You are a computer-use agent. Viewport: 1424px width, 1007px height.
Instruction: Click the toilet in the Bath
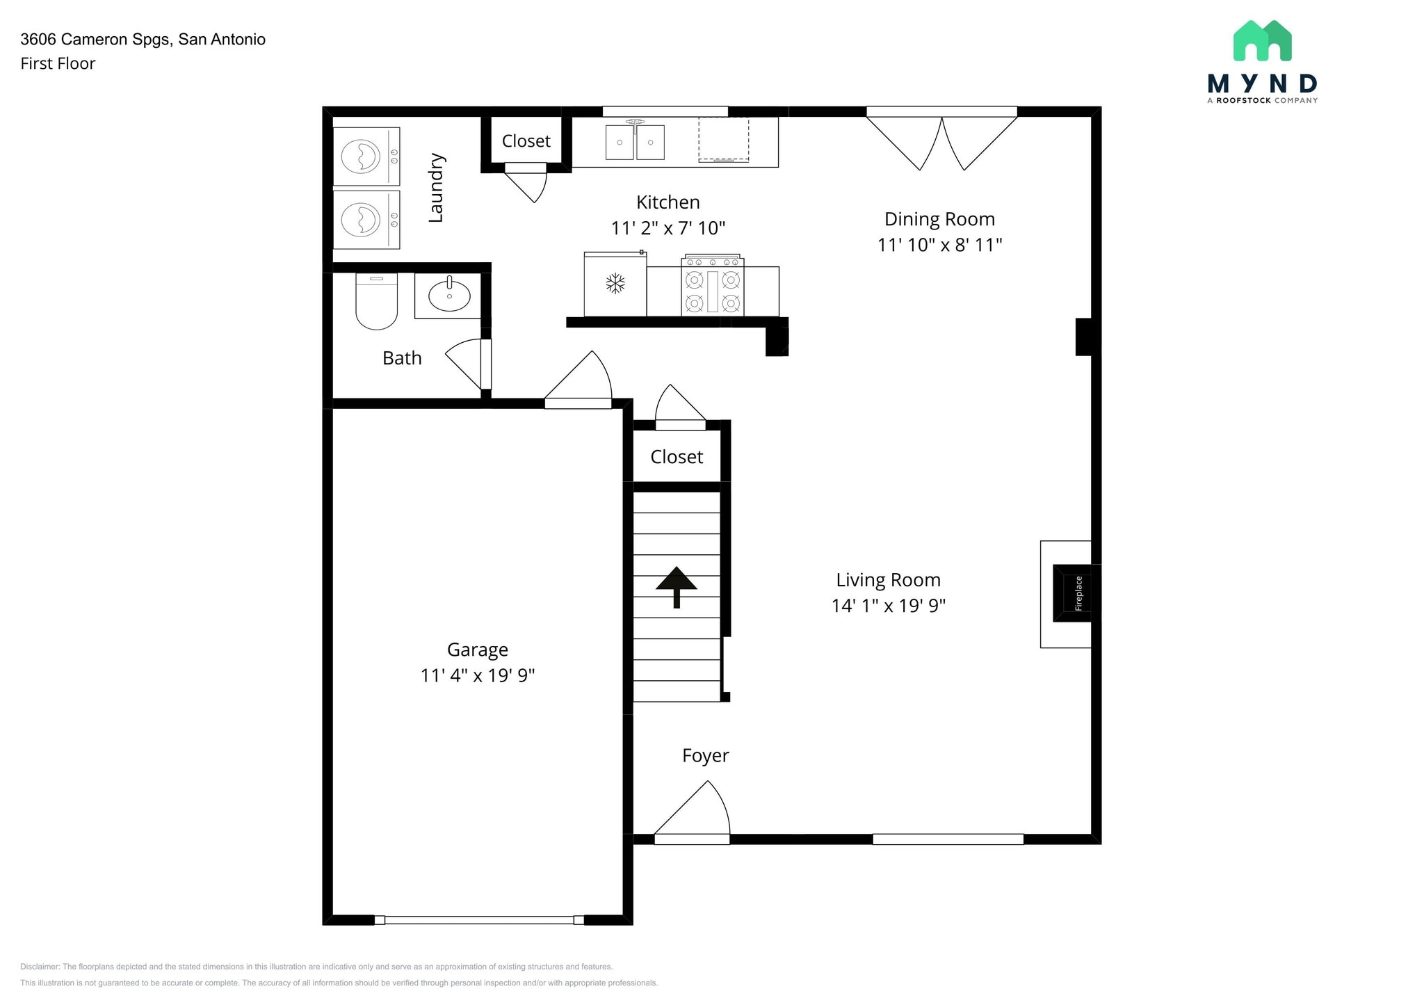coord(376,300)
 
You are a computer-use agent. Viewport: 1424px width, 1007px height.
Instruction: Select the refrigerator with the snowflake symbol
coord(615,284)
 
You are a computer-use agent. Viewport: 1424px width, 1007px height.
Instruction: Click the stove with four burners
coord(713,286)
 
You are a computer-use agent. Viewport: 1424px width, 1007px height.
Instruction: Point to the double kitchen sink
coord(635,141)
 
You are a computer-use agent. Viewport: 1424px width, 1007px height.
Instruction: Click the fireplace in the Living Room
coord(1071,593)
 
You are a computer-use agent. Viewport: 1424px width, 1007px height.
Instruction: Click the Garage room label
coord(478,650)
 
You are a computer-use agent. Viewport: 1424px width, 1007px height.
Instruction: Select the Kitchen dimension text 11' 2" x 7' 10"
coord(668,228)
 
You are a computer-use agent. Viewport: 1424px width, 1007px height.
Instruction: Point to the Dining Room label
coord(939,219)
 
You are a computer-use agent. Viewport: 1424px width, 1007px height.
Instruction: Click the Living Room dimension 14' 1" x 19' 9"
coord(889,606)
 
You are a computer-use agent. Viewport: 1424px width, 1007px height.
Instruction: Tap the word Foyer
coord(706,756)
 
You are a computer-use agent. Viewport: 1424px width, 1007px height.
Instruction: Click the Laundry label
coord(436,188)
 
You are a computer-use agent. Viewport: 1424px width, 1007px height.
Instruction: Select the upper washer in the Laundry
coord(366,156)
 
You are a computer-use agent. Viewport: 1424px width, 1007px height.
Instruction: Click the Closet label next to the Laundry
coord(526,141)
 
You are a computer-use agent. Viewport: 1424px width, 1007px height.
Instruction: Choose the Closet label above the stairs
coord(677,457)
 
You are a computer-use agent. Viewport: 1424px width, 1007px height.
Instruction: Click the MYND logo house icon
coord(1262,40)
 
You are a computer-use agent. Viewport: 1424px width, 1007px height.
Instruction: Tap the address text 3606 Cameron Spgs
coord(95,40)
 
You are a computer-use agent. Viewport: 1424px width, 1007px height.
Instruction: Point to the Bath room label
coord(402,358)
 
